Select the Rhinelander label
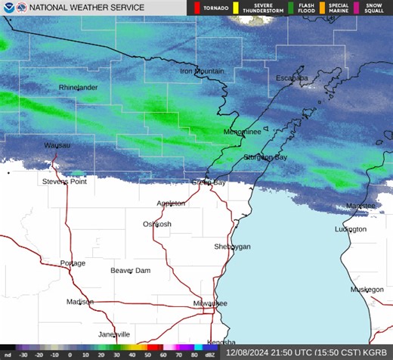78,88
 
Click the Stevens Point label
64,182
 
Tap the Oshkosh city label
157,224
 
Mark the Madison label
79,302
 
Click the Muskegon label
367,290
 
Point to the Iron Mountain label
202,71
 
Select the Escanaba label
292,78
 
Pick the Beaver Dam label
131,270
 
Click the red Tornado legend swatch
197,8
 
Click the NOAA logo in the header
9,8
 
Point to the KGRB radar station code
375,353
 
